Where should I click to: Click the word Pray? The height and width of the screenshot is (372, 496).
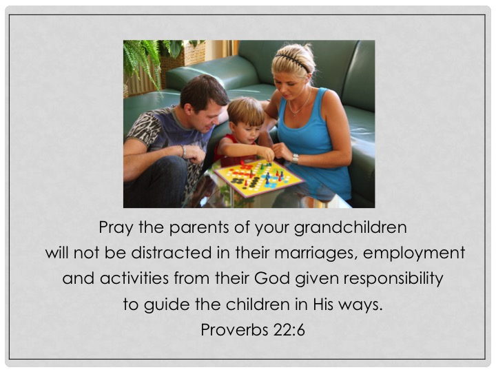tap(116, 228)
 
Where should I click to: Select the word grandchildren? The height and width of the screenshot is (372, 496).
tap(350, 228)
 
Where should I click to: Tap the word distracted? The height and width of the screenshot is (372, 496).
tap(171, 253)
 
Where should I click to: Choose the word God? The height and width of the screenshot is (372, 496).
tap(272, 278)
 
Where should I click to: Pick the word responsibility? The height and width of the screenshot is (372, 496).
tap(393, 279)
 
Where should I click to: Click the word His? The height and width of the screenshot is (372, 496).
tap(323, 304)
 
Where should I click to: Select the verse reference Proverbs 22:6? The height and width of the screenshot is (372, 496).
tap(253, 330)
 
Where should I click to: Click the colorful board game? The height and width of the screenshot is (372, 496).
tap(258, 178)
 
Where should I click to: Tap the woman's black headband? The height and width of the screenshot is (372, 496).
tap(292, 61)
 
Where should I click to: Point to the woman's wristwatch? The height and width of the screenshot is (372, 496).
tap(295, 158)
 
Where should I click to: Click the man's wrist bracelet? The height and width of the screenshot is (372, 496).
tap(184, 152)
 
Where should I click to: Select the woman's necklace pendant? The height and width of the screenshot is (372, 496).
tap(294, 114)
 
